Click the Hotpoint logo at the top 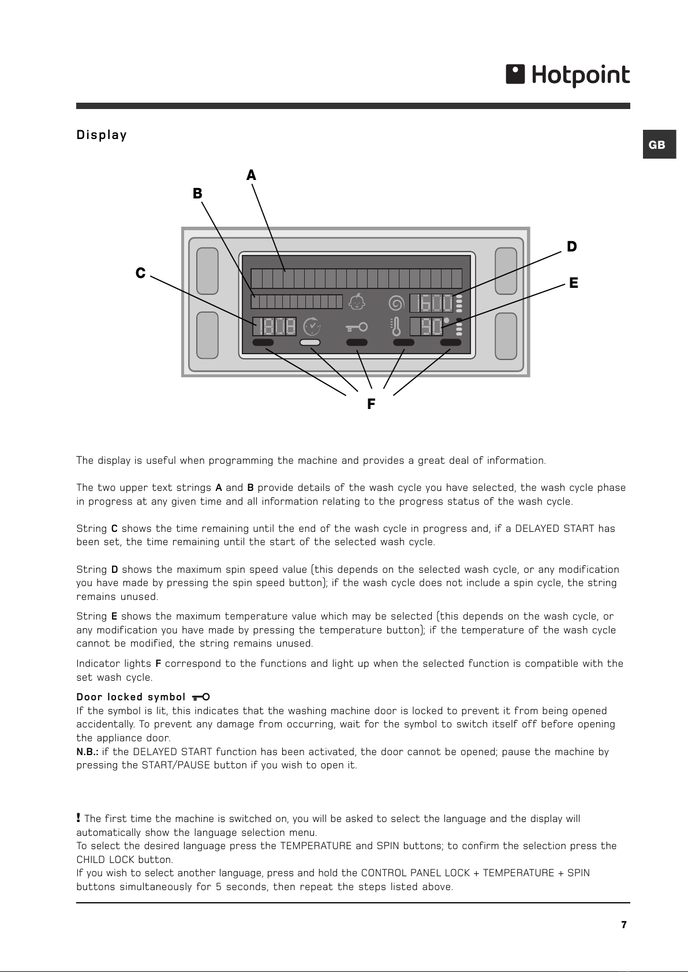point(567,75)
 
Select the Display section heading point(102,135)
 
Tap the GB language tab point(659,144)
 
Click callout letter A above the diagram point(251,175)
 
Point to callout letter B point(197,193)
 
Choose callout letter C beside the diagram point(140,273)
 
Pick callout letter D point(571,246)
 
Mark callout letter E point(573,283)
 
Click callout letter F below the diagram point(371,404)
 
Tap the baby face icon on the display point(357,302)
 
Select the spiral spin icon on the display point(397,303)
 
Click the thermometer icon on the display point(395,326)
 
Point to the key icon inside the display point(357,326)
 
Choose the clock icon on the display point(312,326)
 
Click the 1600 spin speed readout point(432,303)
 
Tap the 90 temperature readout point(427,326)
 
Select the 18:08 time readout point(274,326)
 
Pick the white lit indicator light point(310,343)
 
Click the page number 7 point(624,925)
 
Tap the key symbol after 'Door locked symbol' point(201,697)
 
